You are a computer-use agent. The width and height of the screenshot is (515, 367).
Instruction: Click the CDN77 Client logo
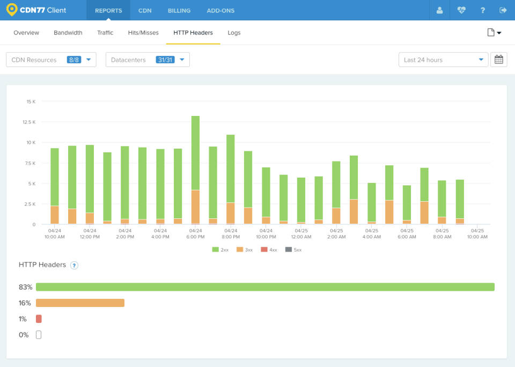point(36,10)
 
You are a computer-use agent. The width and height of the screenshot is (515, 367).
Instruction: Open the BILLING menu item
point(179,10)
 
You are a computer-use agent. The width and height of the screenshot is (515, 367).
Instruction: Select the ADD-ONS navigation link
point(220,10)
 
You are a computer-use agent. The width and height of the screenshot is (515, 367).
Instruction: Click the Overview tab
point(26,33)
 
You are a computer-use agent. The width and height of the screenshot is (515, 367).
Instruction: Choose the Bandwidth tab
point(68,33)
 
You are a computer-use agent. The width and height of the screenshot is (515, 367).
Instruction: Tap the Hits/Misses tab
point(143,33)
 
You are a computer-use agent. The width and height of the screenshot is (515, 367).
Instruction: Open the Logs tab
point(234,33)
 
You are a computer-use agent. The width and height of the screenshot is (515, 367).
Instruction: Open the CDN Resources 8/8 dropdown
point(51,60)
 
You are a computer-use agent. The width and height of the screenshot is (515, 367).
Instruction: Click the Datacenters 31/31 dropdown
point(148,60)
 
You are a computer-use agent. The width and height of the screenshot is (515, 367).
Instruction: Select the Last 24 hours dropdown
point(443,60)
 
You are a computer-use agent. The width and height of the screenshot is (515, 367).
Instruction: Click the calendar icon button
point(499,60)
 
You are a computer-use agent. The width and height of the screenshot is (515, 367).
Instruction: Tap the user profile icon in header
point(440,10)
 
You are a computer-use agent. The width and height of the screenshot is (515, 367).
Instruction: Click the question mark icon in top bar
point(483,10)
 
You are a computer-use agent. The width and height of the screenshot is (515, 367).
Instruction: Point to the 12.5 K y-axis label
point(29,122)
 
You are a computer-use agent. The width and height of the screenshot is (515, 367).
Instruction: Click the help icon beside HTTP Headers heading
point(75,265)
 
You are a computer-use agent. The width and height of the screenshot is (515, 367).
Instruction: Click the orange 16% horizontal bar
point(80,303)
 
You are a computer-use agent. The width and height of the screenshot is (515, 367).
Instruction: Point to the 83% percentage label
point(25,287)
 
